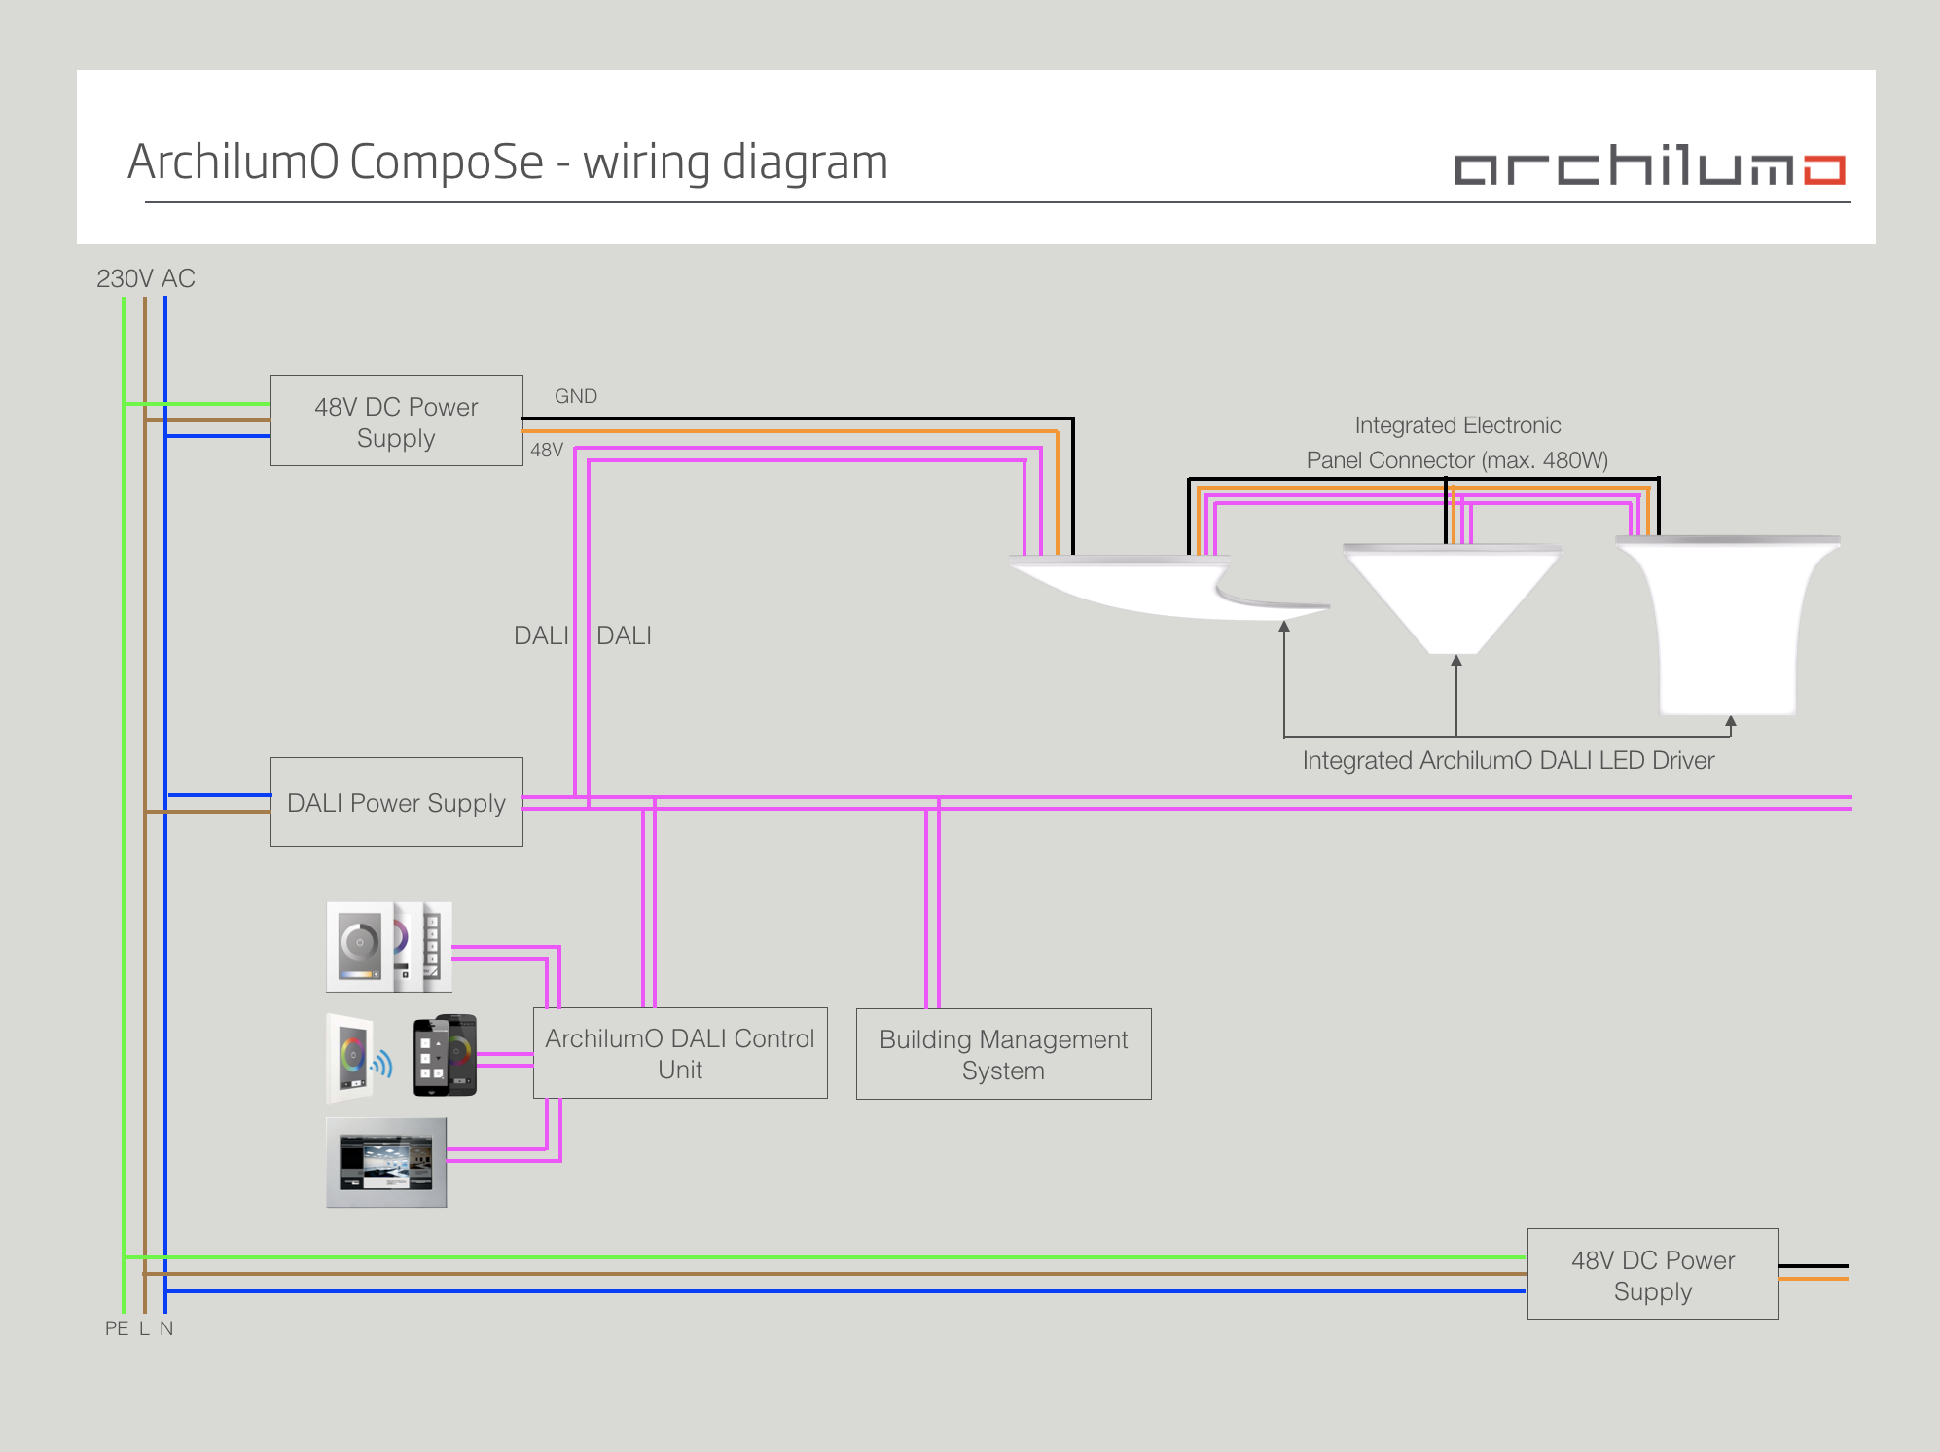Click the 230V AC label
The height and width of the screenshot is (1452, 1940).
tap(146, 278)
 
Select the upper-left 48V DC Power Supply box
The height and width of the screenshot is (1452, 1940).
tap(396, 420)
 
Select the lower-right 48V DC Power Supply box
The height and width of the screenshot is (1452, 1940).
tap(1652, 1274)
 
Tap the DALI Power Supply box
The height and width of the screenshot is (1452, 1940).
tap(396, 802)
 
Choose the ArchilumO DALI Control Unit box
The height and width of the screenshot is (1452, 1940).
tap(679, 1053)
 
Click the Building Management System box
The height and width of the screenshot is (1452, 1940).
tap(1003, 1054)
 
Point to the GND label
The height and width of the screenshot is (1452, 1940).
tap(576, 396)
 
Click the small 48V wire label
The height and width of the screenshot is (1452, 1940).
tap(547, 450)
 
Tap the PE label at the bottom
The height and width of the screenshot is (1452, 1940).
tap(117, 1328)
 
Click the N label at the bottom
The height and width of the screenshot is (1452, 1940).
tap(166, 1328)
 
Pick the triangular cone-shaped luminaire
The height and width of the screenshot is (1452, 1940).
tap(1452, 596)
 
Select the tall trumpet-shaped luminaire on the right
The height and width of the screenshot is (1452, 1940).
tap(1728, 623)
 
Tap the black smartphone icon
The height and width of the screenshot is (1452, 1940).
tap(445, 1056)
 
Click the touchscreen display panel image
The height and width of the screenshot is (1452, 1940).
tap(386, 1162)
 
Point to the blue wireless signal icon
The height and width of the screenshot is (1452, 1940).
tap(382, 1064)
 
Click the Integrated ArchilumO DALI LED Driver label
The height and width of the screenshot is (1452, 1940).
tap(1508, 760)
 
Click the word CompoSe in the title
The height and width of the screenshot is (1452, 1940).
tap(446, 162)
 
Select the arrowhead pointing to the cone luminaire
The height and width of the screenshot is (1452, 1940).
tap(1456, 661)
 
